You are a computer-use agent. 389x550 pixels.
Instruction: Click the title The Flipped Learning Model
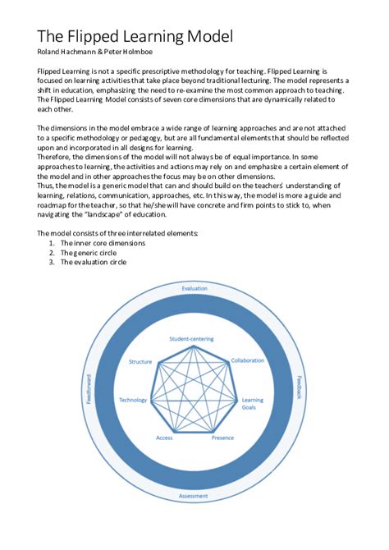(135, 36)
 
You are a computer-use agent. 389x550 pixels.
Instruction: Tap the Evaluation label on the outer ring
(194, 289)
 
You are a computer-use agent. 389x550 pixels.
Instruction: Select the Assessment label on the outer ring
(194, 497)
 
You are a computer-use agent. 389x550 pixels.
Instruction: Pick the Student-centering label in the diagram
(190, 339)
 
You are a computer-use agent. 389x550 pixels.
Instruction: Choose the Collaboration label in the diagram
(247, 360)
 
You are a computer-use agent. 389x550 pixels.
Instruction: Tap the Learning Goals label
(251, 404)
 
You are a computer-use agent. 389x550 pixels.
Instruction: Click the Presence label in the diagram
(222, 438)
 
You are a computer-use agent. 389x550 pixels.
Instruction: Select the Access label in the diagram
(164, 438)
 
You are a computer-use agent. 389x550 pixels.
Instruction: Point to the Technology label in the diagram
(132, 400)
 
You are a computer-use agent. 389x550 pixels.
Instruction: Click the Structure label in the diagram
(141, 361)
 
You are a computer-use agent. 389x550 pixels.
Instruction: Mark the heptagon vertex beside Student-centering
(194, 346)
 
